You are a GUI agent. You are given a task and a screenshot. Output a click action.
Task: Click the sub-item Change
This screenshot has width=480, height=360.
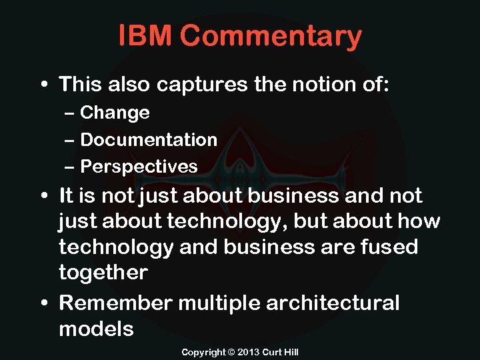click(115, 113)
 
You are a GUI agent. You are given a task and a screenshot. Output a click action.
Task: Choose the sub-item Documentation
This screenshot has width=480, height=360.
click(149, 140)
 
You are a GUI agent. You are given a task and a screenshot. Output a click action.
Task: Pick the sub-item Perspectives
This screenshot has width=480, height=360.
click(139, 167)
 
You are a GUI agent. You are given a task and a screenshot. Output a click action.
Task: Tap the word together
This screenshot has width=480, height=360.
click(103, 273)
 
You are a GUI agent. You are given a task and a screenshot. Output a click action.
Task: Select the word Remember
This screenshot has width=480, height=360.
click(116, 303)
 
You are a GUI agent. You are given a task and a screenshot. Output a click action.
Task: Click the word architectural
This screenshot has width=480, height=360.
click(333, 303)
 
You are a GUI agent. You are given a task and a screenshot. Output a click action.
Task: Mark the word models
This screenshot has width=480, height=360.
click(96, 329)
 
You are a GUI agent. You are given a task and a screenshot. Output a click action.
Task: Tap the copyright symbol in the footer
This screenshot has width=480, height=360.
click(231, 351)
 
